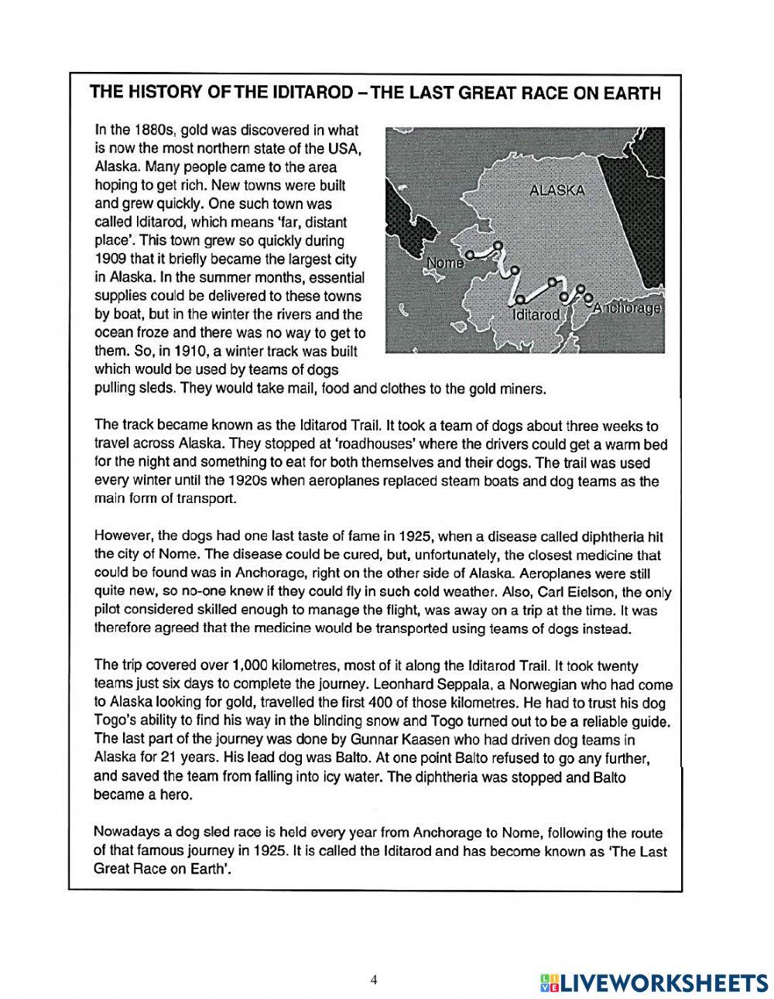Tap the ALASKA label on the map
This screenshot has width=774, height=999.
pyautogui.click(x=557, y=190)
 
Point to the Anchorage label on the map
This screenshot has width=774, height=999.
pyautogui.click(x=626, y=308)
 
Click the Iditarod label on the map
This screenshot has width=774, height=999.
pyautogui.click(x=536, y=315)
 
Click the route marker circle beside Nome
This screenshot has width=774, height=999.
pyautogui.click(x=470, y=253)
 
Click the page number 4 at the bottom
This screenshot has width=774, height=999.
pyautogui.click(x=374, y=980)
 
